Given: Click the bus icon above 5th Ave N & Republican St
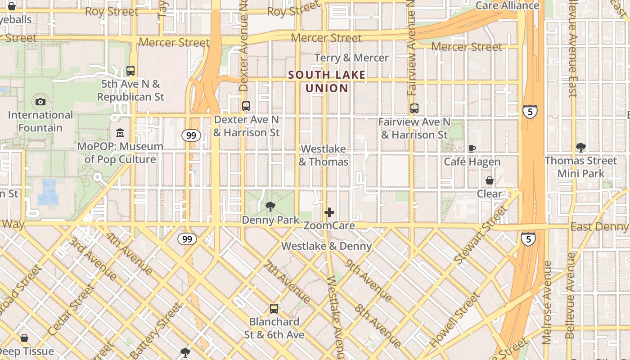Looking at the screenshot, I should (x=130, y=71).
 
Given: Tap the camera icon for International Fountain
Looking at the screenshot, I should (x=40, y=102).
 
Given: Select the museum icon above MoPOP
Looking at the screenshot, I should (x=120, y=133).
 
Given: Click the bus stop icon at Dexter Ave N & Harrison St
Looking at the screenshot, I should (x=246, y=106).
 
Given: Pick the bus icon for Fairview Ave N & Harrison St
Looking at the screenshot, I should (x=414, y=108).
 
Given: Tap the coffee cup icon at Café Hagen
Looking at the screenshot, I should (x=472, y=148).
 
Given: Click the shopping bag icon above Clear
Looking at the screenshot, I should (x=489, y=180).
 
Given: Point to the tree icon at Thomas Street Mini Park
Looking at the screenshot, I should (x=580, y=147).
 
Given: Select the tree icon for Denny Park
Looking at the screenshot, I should (x=270, y=207).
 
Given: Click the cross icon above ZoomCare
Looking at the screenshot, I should (x=329, y=212).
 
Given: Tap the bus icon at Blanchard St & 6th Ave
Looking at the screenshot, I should (x=274, y=309).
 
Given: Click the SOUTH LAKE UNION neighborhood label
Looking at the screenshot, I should (x=327, y=81).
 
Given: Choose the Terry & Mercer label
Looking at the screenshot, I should (x=351, y=58).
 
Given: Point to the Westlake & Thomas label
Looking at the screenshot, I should (x=324, y=155).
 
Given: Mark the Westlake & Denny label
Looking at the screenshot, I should (x=326, y=246).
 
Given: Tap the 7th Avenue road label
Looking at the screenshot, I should (x=287, y=282).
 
